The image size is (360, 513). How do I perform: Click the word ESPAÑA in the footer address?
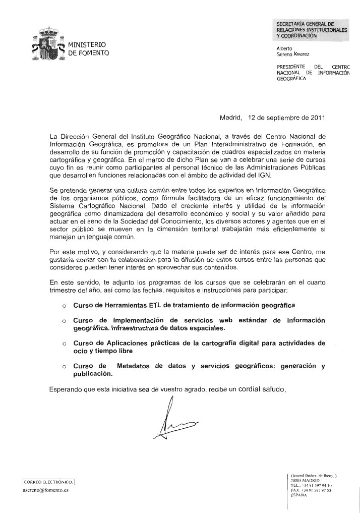click(301, 495)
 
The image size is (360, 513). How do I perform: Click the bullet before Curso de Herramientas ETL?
click(64, 306)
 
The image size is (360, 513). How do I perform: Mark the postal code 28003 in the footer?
click(297, 480)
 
